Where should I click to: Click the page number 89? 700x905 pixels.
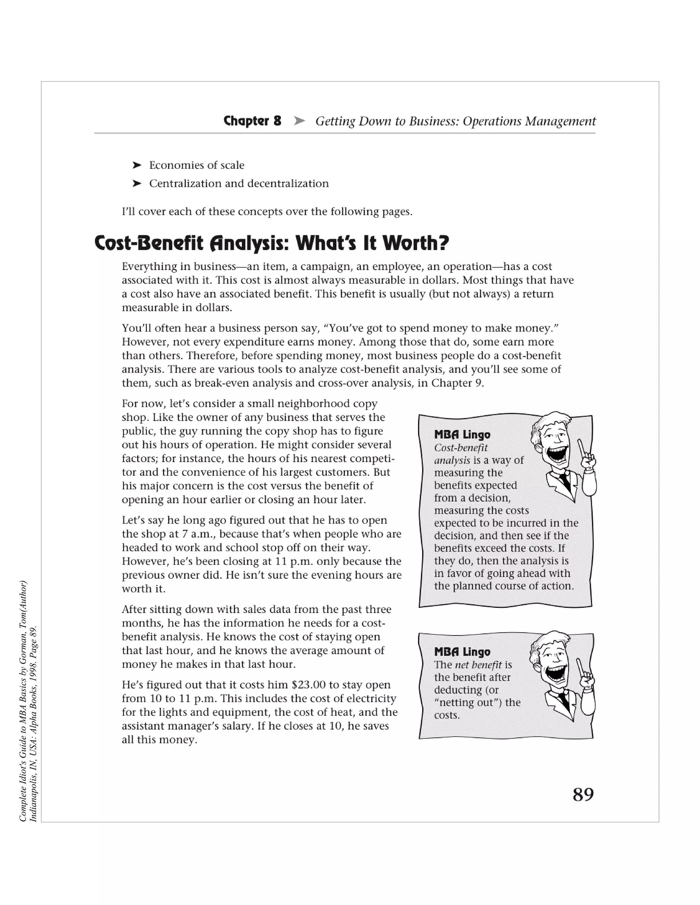(x=583, y=794)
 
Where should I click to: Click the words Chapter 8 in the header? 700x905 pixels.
(x=252, y=121)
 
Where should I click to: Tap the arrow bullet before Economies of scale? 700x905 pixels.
(x=137, y=165)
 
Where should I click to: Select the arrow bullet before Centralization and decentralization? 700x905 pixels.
(x=137, y=184)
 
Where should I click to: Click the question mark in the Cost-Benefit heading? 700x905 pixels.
(x=444, y=243)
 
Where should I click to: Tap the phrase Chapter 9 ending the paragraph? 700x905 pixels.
(x=457, y=383)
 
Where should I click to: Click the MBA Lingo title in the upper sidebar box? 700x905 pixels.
(x=462, y=435)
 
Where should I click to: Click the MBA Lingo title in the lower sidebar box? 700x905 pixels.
(x=462, y=652)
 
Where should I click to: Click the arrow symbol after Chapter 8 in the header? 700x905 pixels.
(x=299, y=121)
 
